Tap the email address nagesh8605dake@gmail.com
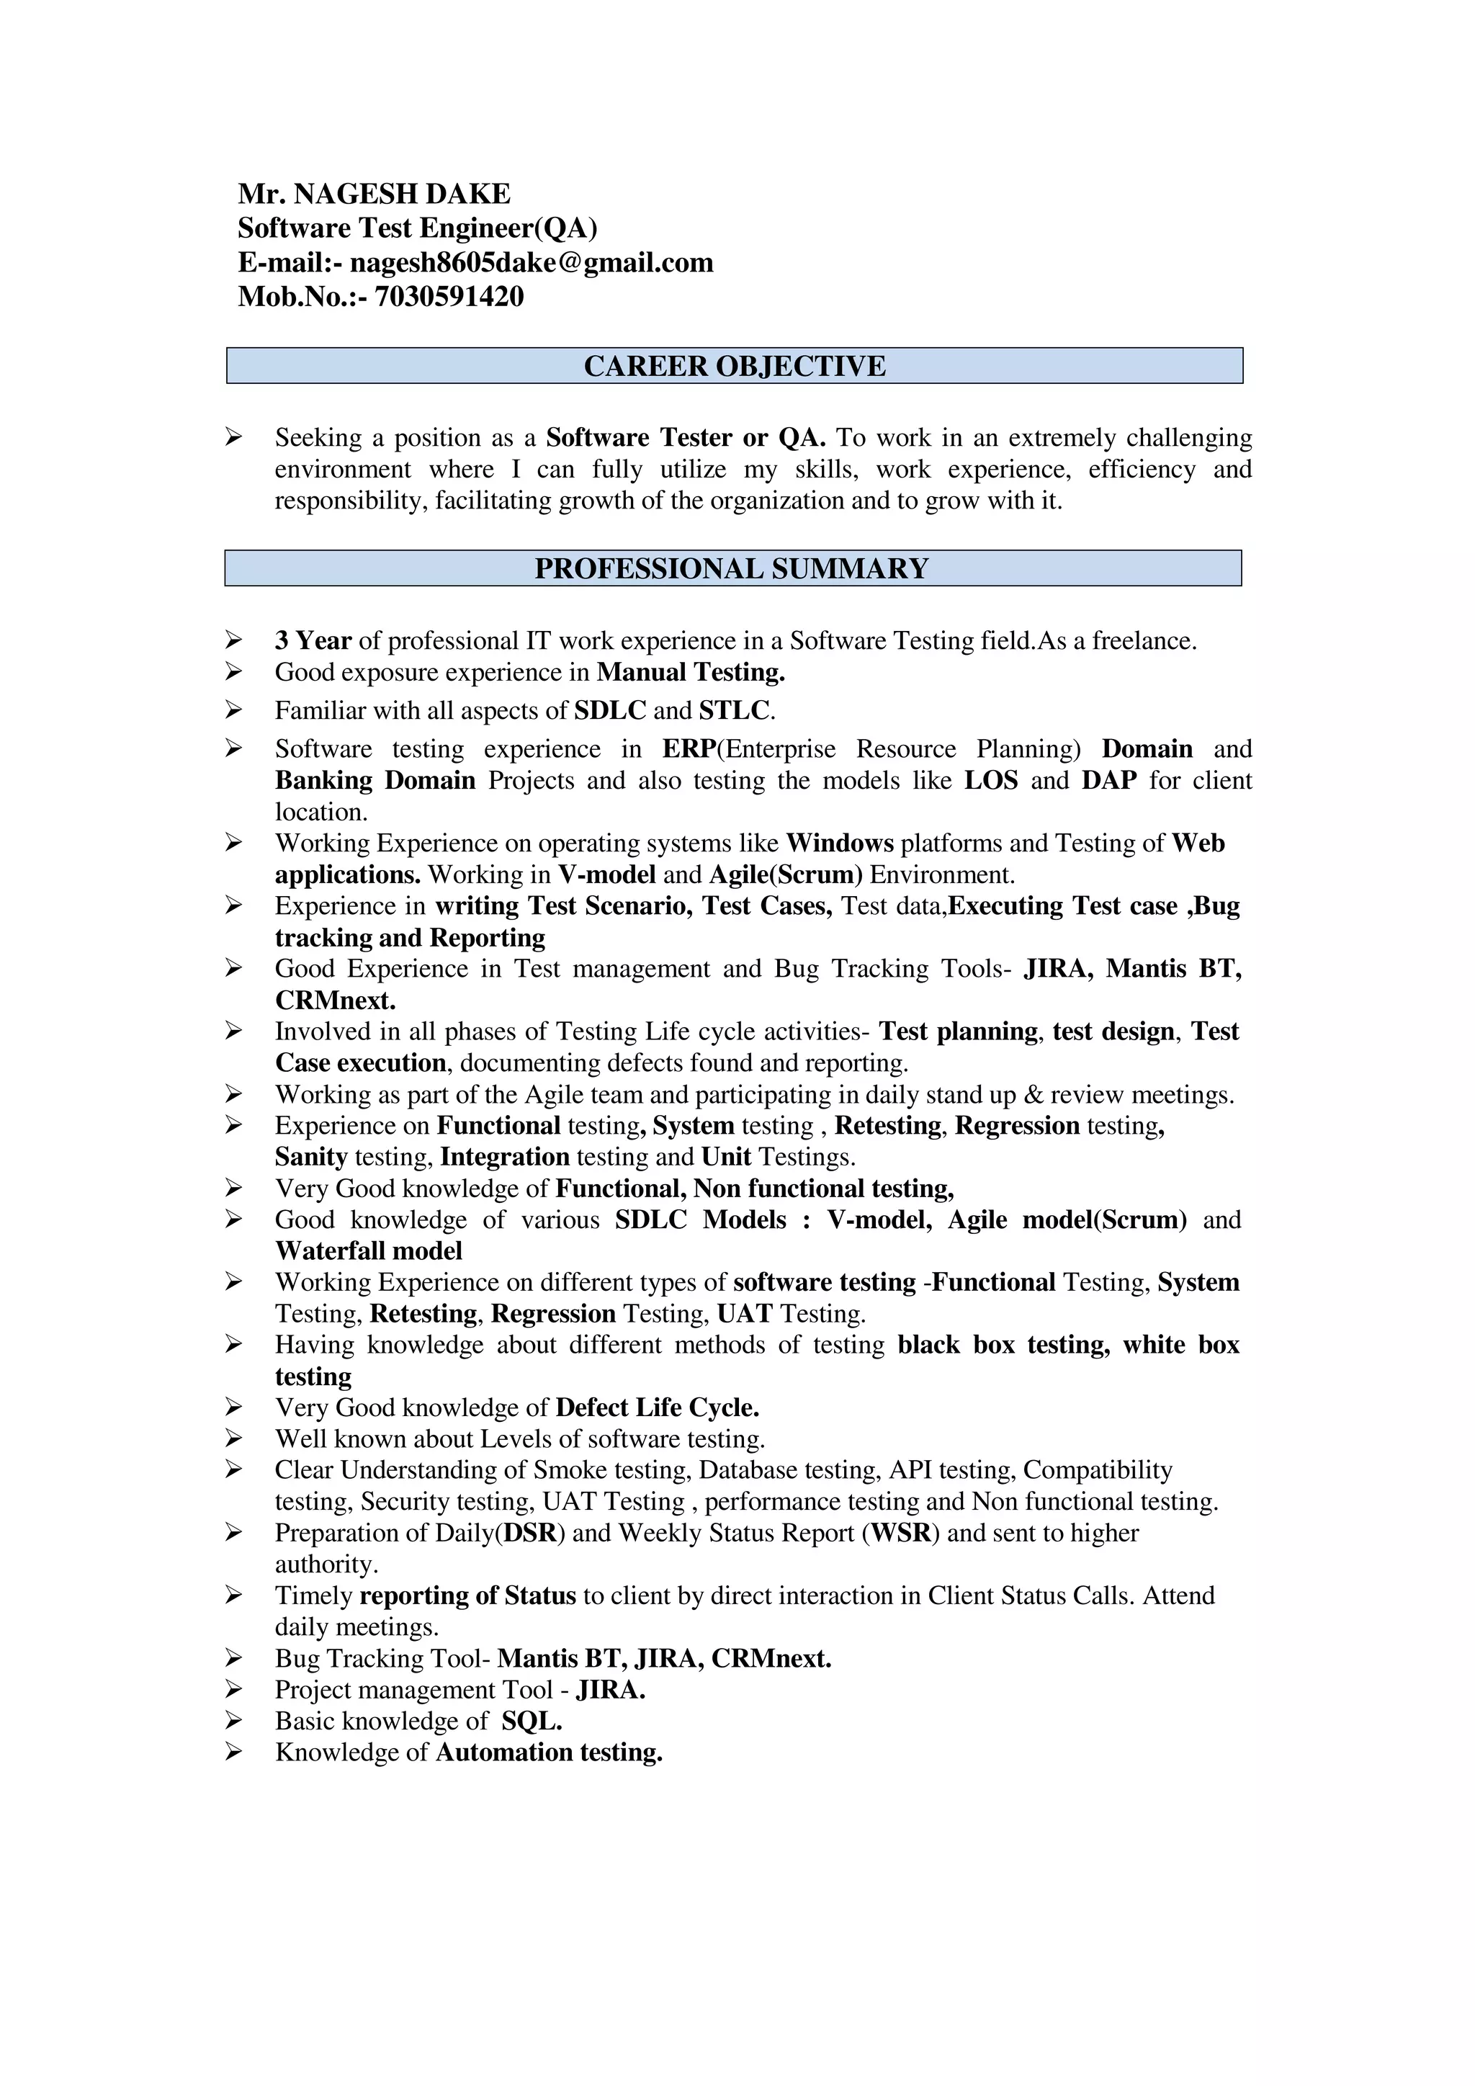532,263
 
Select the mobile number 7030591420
449,296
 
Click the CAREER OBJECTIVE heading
734,366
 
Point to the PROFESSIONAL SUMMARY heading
732,569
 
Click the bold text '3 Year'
313,640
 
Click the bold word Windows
839,843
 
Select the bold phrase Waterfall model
369,1251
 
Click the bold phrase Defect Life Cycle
658,1407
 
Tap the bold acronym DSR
529,1533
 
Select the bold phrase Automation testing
549,1752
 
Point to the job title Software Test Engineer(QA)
418,228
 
